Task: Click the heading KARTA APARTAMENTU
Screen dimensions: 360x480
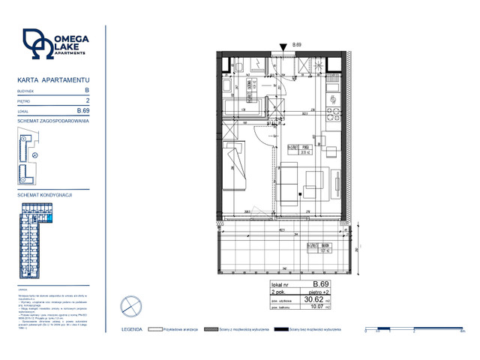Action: [53, 79]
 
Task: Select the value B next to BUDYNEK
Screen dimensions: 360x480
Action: [87, 90]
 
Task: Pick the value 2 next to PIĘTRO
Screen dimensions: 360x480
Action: [88, 100]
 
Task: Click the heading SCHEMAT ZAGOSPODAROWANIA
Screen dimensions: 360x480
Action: [53, 121]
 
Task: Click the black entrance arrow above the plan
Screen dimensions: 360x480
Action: [283, 47]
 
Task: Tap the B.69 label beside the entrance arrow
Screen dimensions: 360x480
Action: [296, 46]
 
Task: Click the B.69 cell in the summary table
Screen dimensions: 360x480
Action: [320, 283]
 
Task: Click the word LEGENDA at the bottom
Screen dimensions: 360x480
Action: [132, 328]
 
